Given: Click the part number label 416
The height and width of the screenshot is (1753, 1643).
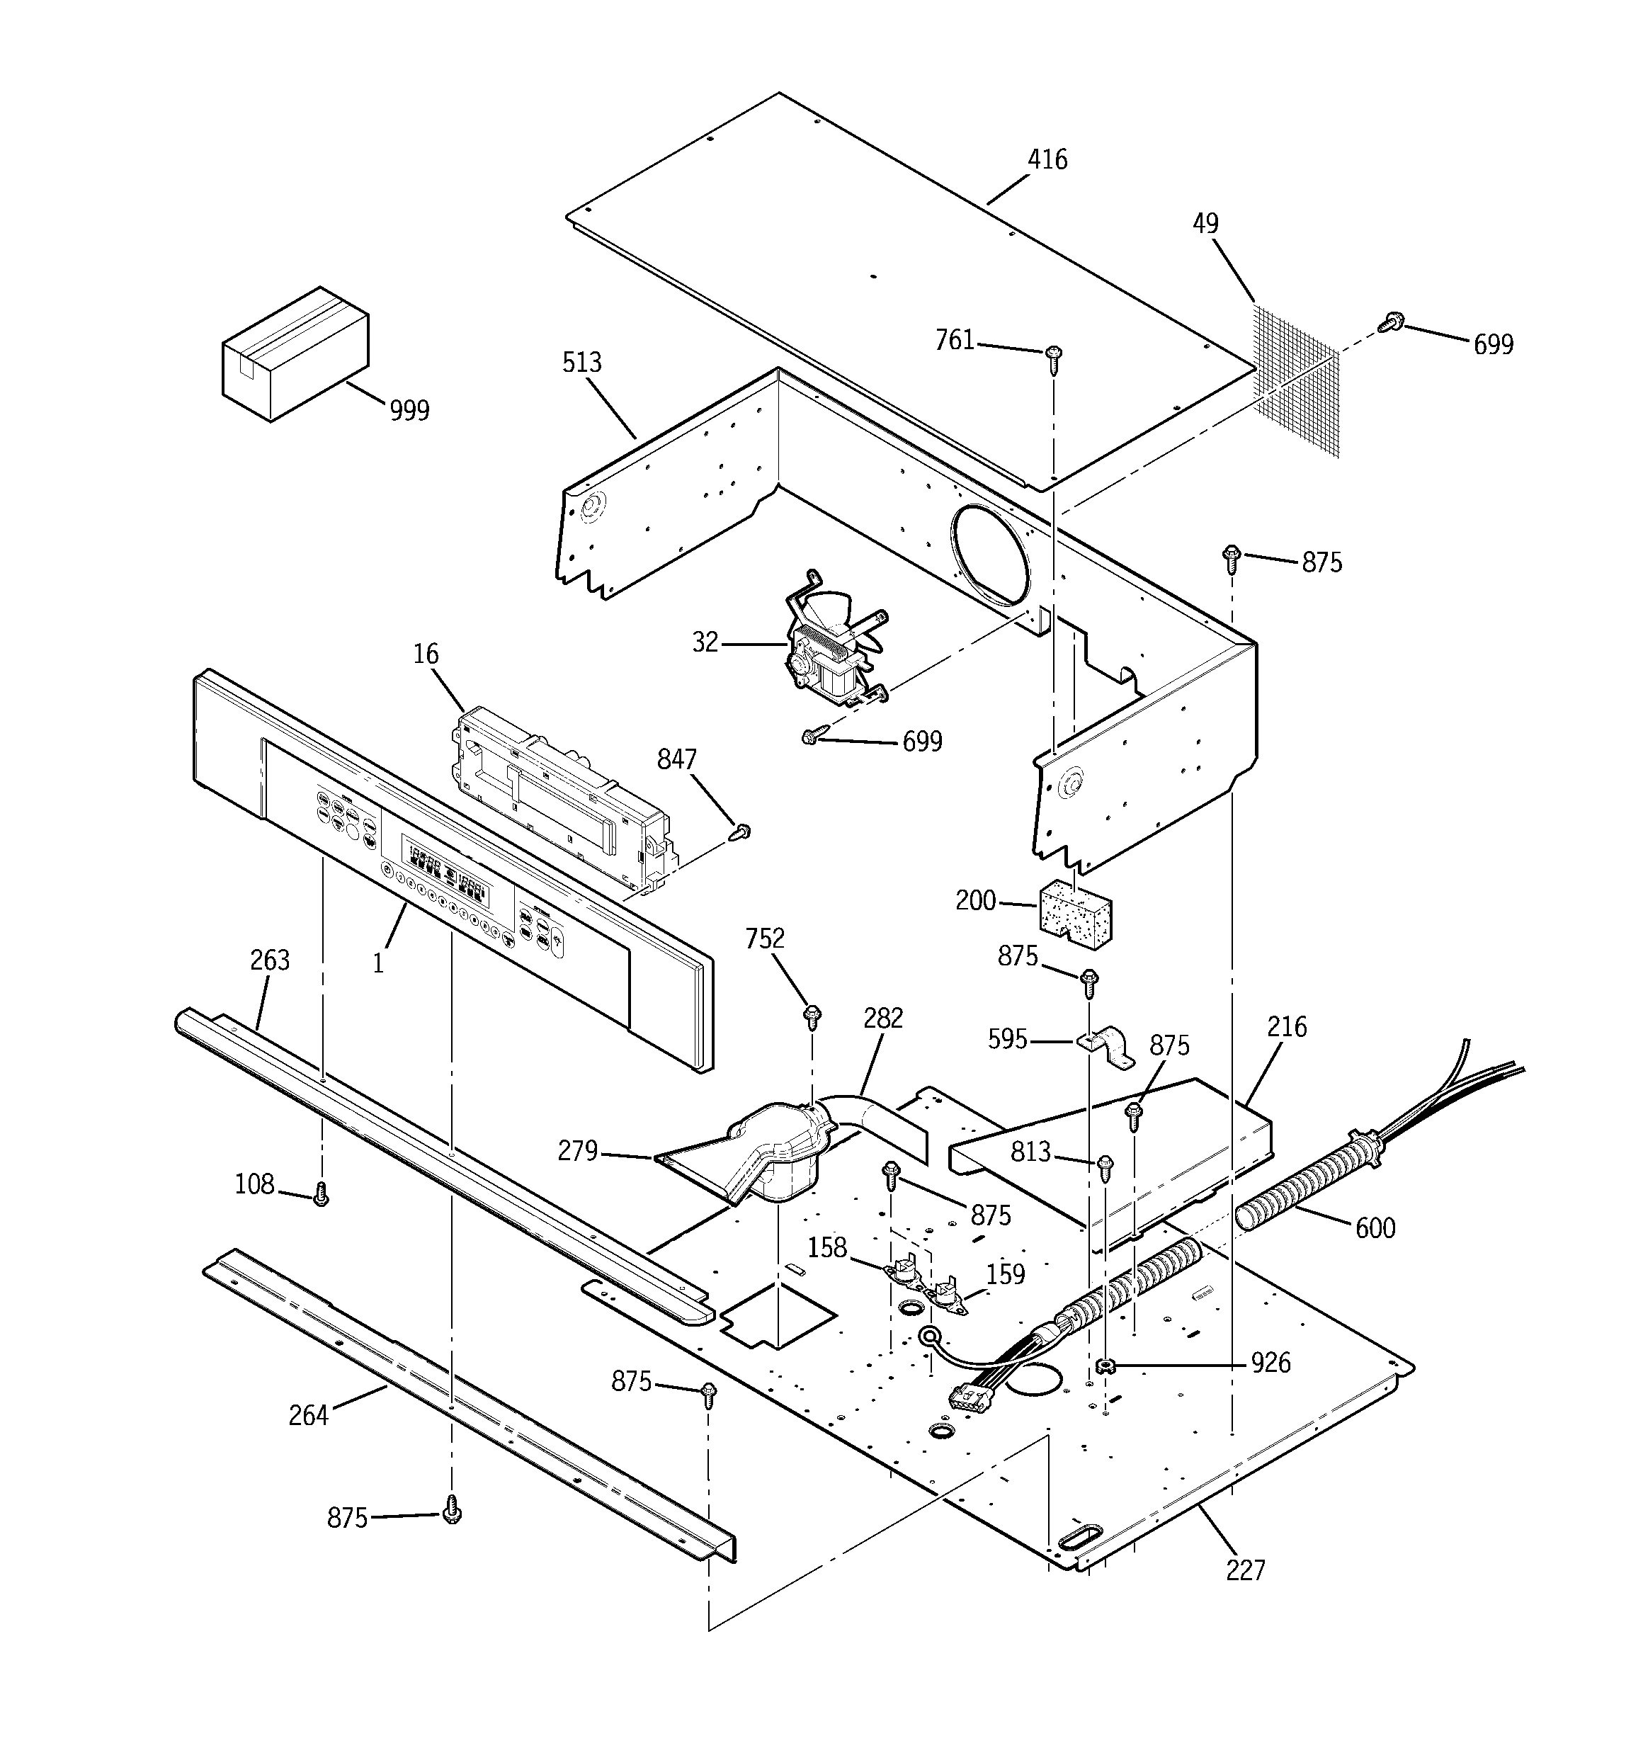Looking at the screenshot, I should tap(1047, 159).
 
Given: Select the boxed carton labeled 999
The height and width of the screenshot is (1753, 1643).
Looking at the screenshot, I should tap(294, 352).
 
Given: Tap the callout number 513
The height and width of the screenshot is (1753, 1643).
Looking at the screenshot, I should tap(582, 363).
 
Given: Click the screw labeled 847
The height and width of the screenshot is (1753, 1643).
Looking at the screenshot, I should tap(743, 832).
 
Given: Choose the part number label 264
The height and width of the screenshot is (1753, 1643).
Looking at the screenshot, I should tap(308, 1415).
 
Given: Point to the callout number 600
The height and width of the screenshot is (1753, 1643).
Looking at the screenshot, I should tap(1375, 1228).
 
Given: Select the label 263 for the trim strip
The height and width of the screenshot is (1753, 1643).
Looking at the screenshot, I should tap(270, 960).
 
